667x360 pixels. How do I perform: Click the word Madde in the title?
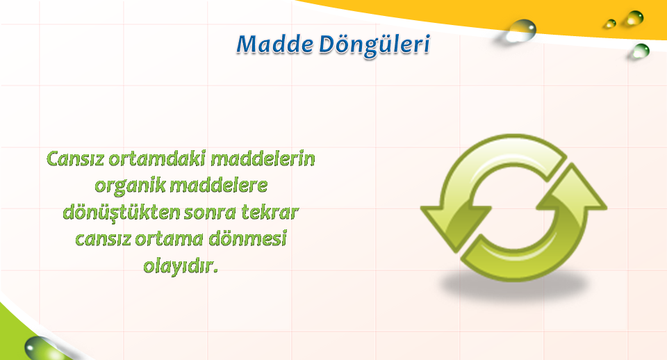coord(275,44)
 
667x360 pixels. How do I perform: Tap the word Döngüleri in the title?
coord(374,46)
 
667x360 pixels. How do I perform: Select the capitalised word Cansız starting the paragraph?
coord(75,158)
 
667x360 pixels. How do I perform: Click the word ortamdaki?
coord(157,158)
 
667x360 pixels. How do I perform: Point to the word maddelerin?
coord(263,158)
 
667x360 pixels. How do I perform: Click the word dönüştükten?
coord(121,213)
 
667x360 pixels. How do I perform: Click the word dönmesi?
coord(247,238)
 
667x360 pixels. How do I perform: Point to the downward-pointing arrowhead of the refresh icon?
coord(455,226)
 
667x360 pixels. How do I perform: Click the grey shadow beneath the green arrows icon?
coord(515,286)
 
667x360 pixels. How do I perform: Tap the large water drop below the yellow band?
coord(520,31)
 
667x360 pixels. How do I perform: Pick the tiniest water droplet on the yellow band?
coord(611,24)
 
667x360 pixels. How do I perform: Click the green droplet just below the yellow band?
coord(640,51)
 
